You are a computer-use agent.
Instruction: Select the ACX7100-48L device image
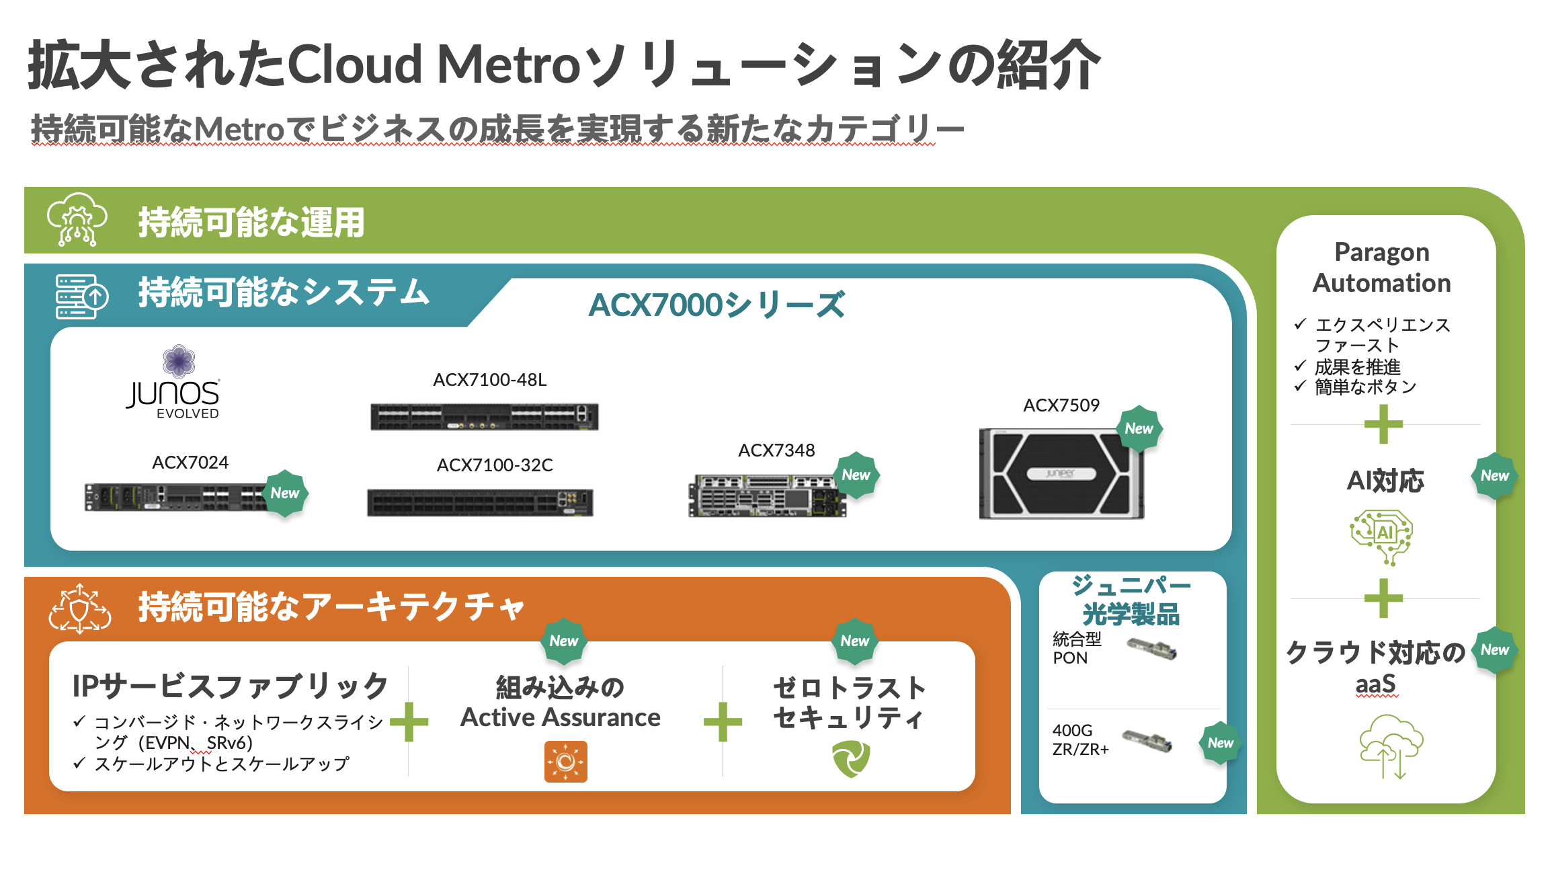point(484,416)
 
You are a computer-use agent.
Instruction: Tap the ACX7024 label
point(190,463)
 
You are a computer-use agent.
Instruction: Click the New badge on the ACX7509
point(1139,428)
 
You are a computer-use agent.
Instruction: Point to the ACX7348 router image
point(766,496)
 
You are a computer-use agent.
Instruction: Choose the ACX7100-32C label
point(495,465)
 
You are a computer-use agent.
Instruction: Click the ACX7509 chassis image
point(1061,474)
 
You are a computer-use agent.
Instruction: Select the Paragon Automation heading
point(1381,268)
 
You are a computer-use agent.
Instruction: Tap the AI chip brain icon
point(1381,536)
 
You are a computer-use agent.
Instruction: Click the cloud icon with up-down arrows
point(1390,746)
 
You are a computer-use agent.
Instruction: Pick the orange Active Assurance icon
point(565,762)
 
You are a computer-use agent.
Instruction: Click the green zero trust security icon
point(851,759)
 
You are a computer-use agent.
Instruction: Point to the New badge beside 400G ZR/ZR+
point(1220,743)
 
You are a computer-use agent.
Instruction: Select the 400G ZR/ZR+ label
point(1080,740)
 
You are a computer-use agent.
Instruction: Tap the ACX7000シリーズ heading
point(717,305)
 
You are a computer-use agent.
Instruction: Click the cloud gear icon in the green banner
point(77,220)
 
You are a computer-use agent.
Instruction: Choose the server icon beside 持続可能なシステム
point(81,296)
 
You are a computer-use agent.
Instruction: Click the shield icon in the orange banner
point(80,609)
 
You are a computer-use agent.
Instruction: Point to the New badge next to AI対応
point(1494,476)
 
